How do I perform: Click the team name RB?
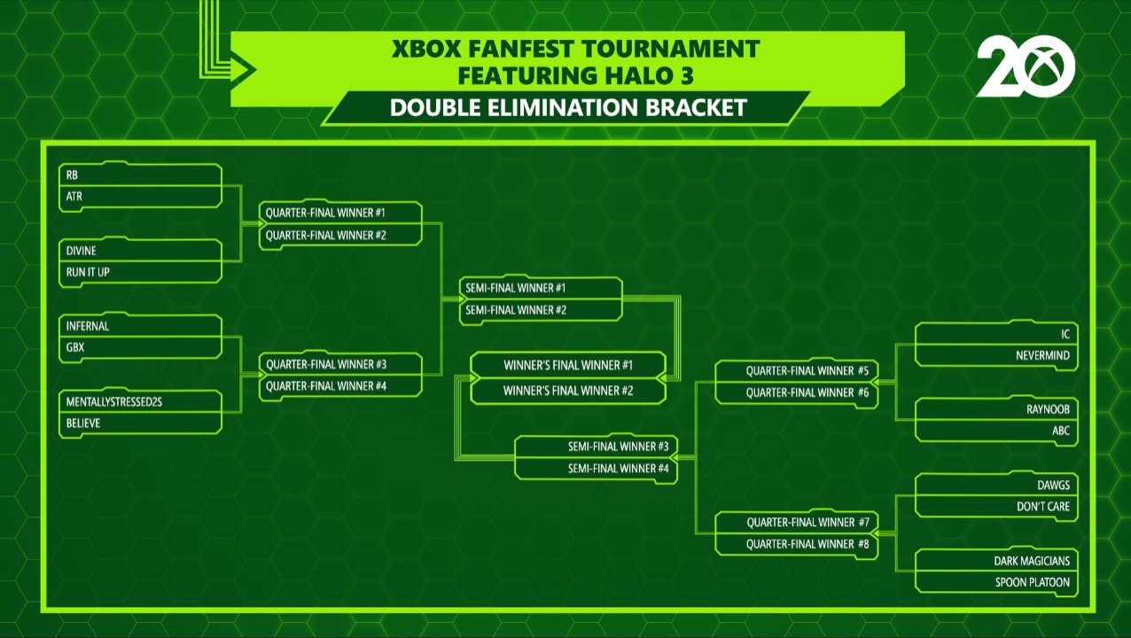point(72,175)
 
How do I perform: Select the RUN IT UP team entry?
point(88,272)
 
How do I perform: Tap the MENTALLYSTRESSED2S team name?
point(114,401)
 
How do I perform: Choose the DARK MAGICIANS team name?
point(1032,561)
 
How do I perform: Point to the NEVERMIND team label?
point(1042,355)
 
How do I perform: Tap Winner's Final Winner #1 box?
point(568,365)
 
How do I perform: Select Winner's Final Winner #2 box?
point(568,391)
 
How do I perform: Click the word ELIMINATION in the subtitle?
point(563,107)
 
